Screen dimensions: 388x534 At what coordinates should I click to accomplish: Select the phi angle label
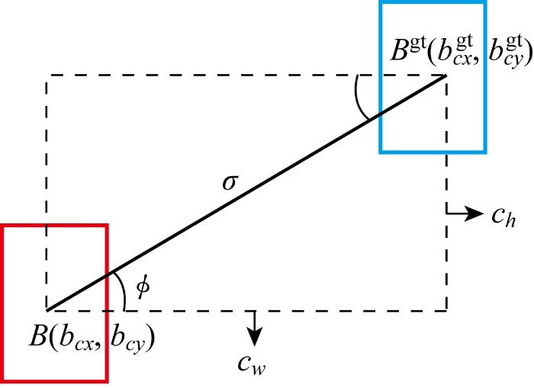tap(142, 287)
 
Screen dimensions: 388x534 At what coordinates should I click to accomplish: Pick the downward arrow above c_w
tap(255, 329)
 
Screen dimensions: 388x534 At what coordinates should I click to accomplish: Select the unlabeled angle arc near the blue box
tap(359, 99)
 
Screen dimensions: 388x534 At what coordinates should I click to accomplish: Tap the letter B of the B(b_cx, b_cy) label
tap(39, 336)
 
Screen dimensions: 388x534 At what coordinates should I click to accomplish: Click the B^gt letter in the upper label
tap(405, 52)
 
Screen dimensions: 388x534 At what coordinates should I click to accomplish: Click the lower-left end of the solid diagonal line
tap(47, 310)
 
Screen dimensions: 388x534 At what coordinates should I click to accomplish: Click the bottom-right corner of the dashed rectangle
tap(447, 310)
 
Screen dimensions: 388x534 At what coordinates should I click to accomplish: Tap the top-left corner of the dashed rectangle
tap(47, 75)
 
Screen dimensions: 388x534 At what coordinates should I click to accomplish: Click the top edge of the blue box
tap(432, 3)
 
